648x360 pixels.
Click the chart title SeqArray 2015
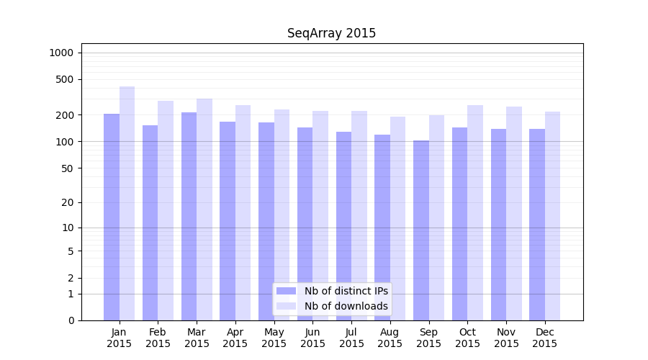tap(331, 33)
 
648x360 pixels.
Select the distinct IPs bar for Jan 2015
tap(112, 216)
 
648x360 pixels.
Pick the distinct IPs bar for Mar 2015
tap(189, 216)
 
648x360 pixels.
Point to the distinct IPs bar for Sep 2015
tap(421, 230)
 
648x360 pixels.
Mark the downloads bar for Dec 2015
tap(552, 216)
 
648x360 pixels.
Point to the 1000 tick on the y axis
tap(61, 53)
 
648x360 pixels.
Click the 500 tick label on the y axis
tap(66, 79)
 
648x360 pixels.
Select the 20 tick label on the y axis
tap(68, 202)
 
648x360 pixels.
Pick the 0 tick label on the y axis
tap(71, 320)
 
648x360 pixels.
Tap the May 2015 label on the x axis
tap(274, 338)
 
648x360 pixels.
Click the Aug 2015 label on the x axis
tap(390, 338)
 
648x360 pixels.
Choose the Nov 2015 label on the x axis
tap(506, 338)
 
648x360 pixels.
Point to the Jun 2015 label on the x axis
tap(312, 338)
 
